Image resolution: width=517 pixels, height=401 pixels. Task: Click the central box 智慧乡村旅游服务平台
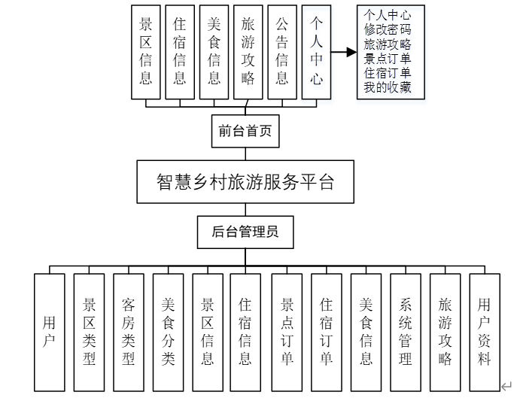245,181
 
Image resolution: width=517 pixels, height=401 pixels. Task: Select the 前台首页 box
245,132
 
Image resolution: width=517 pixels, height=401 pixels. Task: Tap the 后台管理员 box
245,232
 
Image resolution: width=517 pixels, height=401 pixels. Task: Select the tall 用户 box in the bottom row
50,332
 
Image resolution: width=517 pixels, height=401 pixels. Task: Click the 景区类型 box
89,332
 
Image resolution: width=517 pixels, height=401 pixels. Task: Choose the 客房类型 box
129,332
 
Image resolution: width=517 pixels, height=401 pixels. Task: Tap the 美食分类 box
168,332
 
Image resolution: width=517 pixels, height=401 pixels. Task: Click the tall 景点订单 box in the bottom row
287,332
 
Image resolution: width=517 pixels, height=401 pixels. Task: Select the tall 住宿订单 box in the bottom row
326,332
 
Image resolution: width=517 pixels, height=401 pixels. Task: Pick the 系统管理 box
406,332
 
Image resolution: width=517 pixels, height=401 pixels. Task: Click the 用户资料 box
485,332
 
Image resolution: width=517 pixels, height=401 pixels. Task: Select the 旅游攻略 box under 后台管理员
445,332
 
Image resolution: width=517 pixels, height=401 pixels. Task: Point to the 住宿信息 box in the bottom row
245,332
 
